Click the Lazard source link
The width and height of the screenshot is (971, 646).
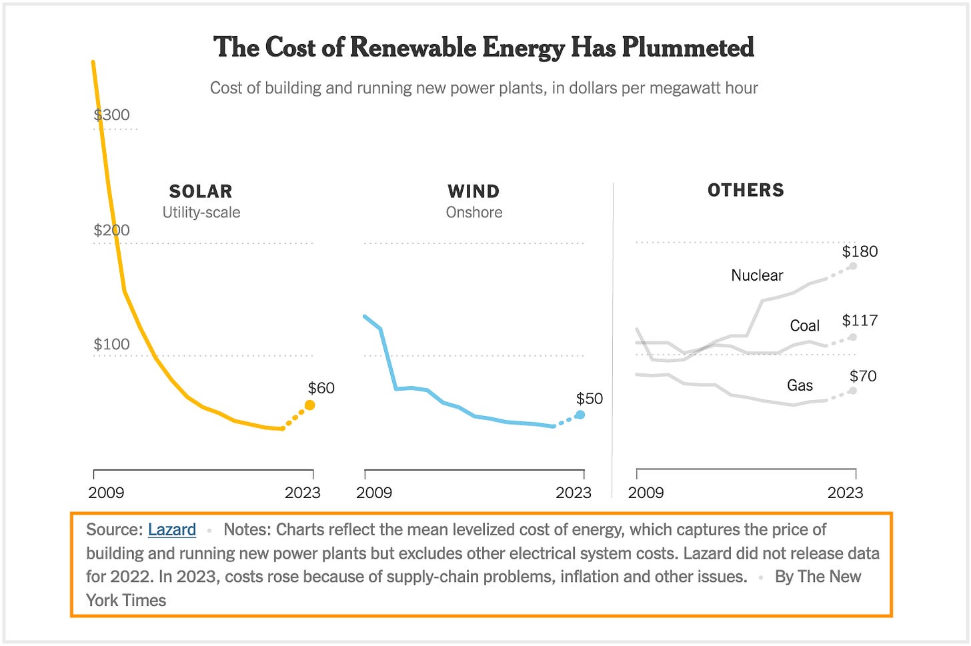[171, 529]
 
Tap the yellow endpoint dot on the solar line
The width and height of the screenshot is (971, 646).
[310, 405]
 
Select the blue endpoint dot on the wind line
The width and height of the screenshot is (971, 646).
[580, 415]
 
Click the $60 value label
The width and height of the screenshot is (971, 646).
[321, 388]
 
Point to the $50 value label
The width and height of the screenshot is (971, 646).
[589, 399]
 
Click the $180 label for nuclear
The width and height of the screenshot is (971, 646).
[860, 251]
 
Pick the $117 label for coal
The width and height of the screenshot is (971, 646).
[860, 321]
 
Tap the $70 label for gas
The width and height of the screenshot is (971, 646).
[863, 376]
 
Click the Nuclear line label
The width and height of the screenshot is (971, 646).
[757, 275]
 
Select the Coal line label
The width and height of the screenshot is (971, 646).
[804, 325]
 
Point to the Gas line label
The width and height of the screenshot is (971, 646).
[800, 385]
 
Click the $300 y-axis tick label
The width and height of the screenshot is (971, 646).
[111, 115]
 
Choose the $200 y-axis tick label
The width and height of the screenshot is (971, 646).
[111, 230]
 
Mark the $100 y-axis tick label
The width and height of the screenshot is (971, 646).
[111, 344]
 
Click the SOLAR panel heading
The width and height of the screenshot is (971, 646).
[201, 191]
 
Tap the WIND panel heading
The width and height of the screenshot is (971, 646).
[473, 191]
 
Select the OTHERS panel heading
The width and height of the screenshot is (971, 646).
[746, 190]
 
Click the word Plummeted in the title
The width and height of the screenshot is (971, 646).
[688, 47]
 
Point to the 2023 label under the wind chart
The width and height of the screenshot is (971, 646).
[573, 493]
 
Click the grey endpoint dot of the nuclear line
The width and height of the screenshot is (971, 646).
[853, 266]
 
